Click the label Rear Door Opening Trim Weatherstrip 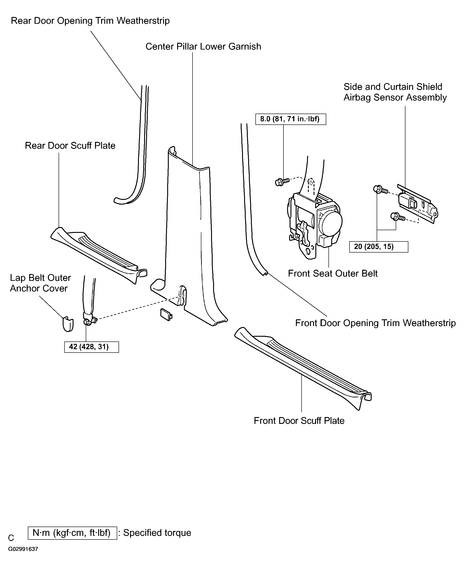[x=90, y=21]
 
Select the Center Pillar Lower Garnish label [x=203, y=47]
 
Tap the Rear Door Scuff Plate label [x=70, y=146]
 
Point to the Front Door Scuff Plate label [x=299, y=421]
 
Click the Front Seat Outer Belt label [x=333, y=273]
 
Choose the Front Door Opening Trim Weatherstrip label [x=375, y=323]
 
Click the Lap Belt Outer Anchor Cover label [x=40, y=283]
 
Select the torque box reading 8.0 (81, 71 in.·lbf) [x=290, y=119]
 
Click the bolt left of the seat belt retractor [x=282, y=182]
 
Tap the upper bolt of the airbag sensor [x=380, y=189]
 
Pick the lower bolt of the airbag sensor [x=398, y=217]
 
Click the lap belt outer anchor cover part [x=68, y=324]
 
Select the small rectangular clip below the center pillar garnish [x=166, y=315]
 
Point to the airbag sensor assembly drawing [x=418, y=204]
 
